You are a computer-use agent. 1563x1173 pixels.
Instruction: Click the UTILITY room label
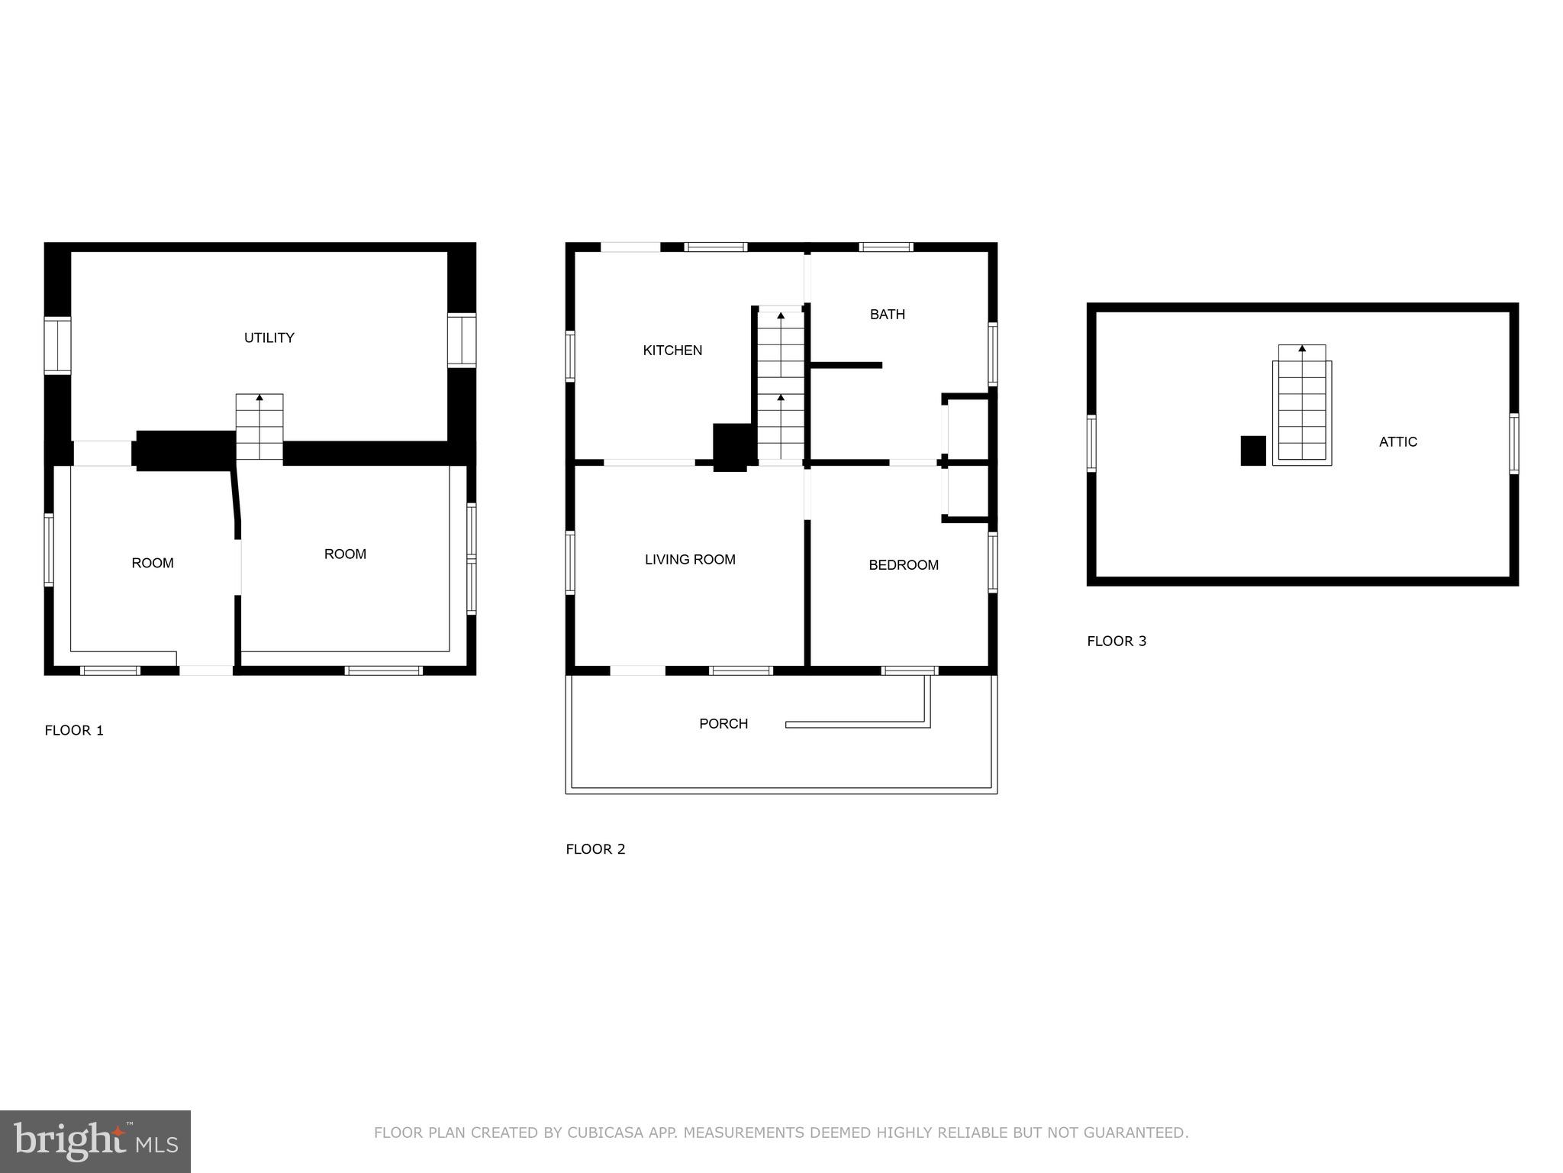pyautogui.click(x=269, y=338)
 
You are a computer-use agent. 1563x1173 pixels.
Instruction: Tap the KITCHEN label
pyautogui.click(x=672, y=351)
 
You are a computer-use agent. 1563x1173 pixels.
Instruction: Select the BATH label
pyautogui.click(x=887, y=314)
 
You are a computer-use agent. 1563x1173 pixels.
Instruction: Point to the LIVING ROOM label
pyautogui.click(x=690, y=560)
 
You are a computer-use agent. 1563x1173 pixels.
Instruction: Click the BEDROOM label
pyautogui.click(x=903, y=565)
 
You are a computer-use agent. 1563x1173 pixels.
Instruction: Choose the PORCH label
pyautogui.click(x=723, y=723)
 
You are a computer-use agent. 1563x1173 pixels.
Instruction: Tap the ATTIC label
pyautogui.click(x=1397, y=441)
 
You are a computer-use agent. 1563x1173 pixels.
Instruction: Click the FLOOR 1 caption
pyautogui.click(x=74, y=730)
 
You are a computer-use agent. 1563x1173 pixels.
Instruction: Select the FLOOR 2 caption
pyautogui.click(x=595, y=849)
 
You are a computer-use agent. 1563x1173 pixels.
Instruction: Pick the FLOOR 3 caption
pyautogui.click(x=1117, y=641)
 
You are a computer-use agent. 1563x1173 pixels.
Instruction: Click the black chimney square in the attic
pyautogui.click(x=1252, y=451)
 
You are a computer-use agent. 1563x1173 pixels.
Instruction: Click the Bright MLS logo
pyautogui.click(x=95, y=1141)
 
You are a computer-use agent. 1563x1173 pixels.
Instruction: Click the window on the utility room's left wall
pyautogui.click(x=57, y=345)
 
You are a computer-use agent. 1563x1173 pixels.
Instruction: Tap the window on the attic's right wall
pyautogui.click(x=1513, y=444)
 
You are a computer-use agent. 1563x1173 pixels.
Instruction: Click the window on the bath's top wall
pyautogui.click(x=885, y=247)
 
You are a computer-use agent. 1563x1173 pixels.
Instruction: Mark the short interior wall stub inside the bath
pyautogui.click(x=846, y=365)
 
